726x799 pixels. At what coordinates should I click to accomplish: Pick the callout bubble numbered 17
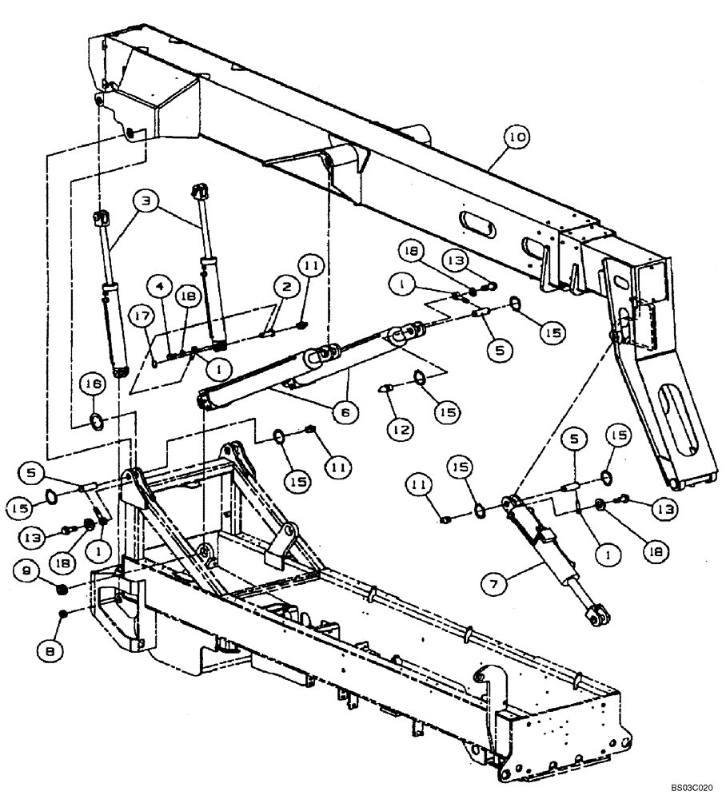pos(143,316)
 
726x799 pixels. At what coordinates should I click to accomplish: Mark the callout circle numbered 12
pos(401,430)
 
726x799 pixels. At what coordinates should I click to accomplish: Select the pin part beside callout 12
pos(384,388)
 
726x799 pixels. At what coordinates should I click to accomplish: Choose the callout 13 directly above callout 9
pos(33,539)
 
